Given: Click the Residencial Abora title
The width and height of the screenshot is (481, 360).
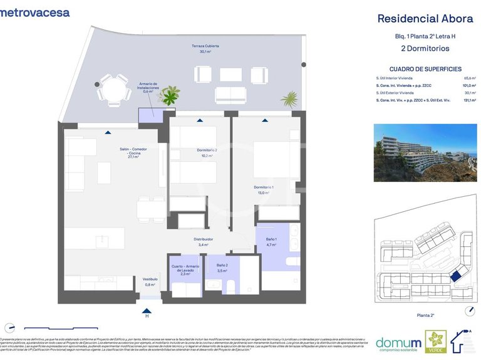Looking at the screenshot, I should (x=425, y=19).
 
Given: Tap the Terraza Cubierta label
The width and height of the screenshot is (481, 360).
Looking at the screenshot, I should (x=205, y=49).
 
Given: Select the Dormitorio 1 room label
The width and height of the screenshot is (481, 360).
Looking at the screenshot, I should (x=264, y=190).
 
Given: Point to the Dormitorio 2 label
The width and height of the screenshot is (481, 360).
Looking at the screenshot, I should (x=207, y=152).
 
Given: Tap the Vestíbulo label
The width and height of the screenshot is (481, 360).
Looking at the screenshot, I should (x=150, y=281).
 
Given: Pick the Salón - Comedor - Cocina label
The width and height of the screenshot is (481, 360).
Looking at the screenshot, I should (x=133, y=154).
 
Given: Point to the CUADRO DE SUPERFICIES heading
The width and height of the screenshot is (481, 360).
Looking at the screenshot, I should (x=425, y=69).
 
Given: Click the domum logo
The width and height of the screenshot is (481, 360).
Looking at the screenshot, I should (x=398, y=342).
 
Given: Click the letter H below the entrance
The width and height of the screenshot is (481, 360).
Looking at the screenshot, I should (x=147, y=316).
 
